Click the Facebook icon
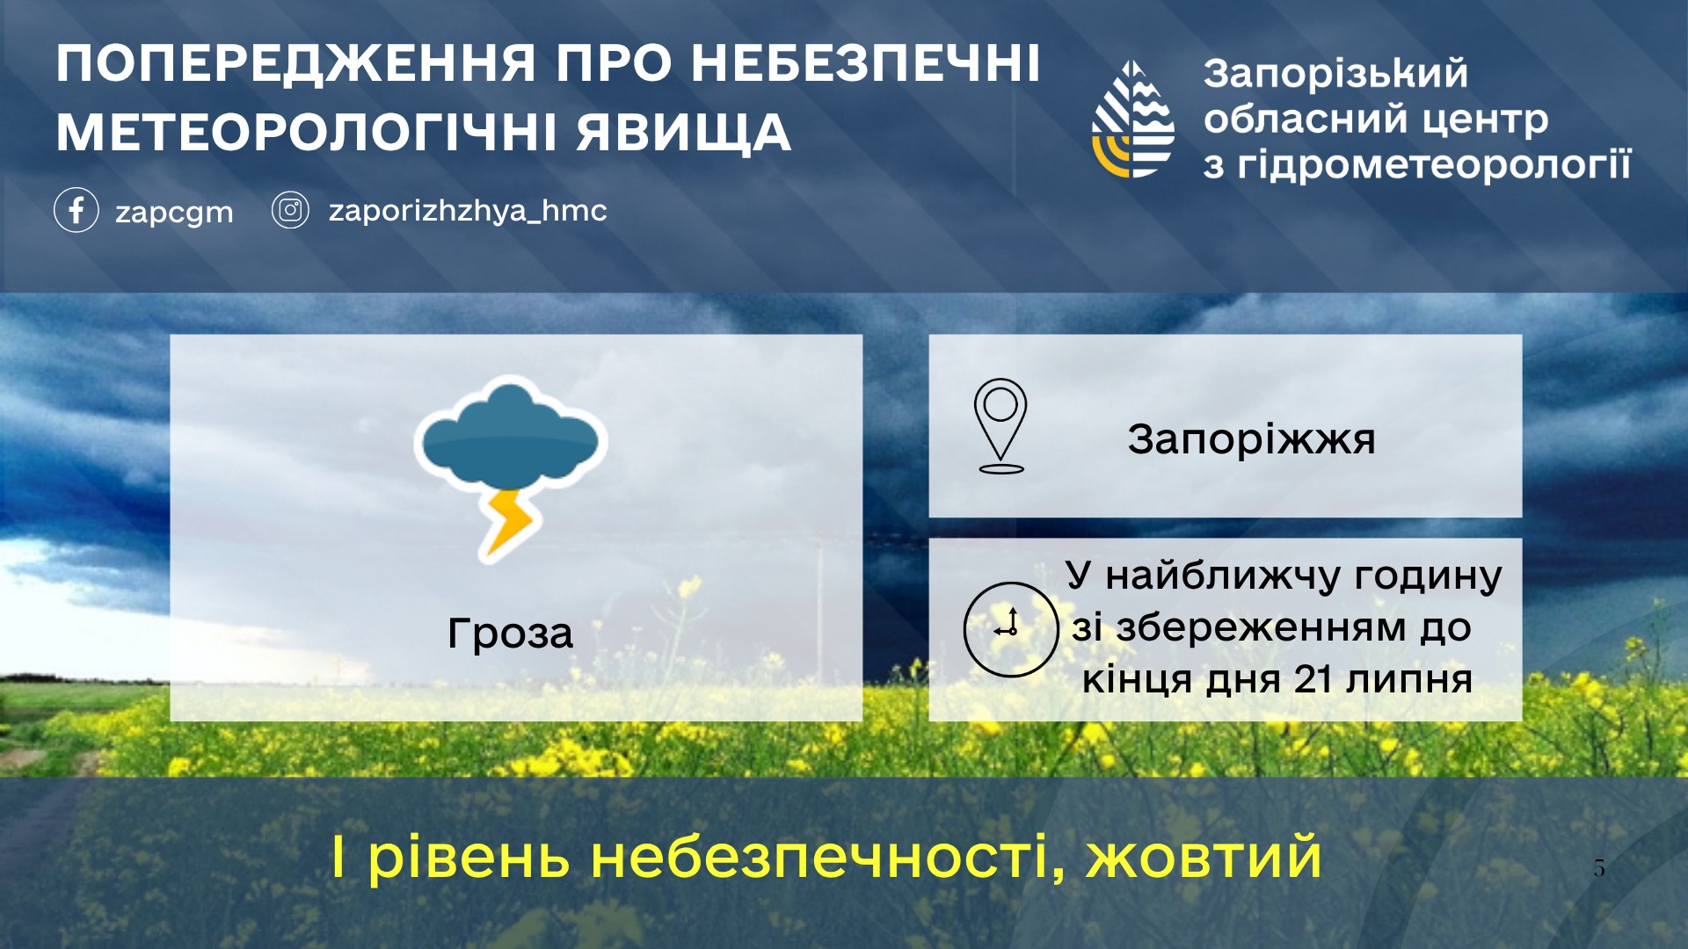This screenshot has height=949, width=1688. [x=76, y=210]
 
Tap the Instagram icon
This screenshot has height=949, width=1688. [x=290, y=210]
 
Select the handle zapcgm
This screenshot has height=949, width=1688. [x=174, y=213]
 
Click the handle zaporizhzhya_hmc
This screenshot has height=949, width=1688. [x=468, y=211]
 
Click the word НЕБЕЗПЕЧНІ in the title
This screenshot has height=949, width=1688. [x=865, y=63]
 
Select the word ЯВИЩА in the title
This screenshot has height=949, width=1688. [x=684, y=133]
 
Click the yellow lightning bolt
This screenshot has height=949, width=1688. [x=508, y=524]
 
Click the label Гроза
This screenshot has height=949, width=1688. [x=510, y=634]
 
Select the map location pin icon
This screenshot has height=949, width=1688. [x=1000, y=426]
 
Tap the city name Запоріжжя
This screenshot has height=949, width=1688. [x=1251, y=439]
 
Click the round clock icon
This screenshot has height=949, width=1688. [x=1011, y=629]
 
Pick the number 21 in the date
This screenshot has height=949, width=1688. [x=1313, y=679]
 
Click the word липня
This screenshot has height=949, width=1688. [x=1409, y=680]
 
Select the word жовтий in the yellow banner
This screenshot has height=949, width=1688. [x=1204, y=857]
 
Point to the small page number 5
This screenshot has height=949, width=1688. [x=1599, y=868]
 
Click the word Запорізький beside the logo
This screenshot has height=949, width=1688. [x=1335, y=73]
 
